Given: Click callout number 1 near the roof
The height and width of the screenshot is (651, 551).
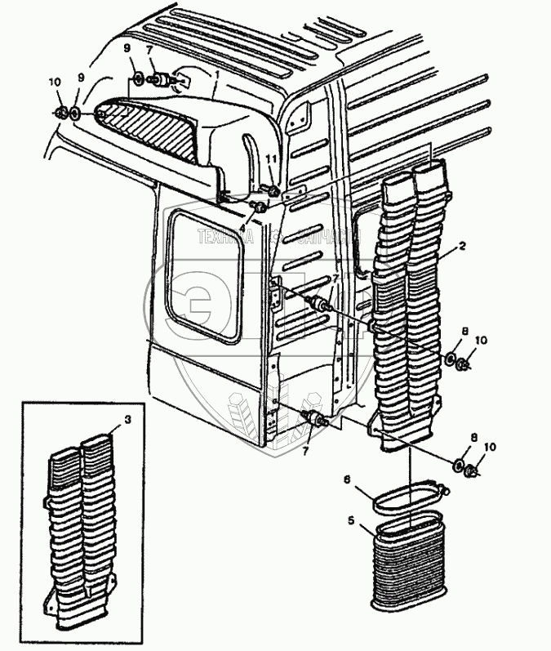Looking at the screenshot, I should pos(217,73).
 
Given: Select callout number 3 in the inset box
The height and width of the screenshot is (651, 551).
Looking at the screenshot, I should pos(127,420).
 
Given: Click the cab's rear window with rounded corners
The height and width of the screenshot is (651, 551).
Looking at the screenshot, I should pos(206,276).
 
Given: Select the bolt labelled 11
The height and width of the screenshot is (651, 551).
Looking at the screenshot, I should pos(273,192).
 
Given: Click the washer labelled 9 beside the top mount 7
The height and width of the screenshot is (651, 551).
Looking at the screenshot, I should pos(139,79).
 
